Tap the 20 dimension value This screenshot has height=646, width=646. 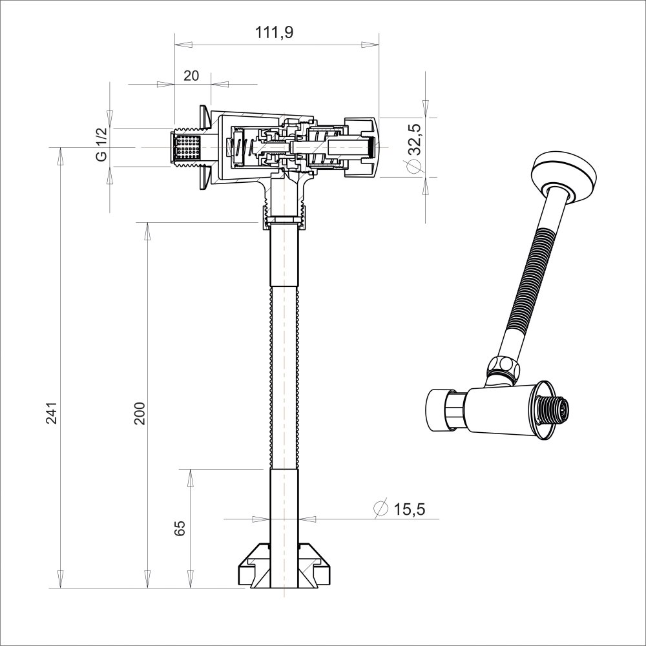pos(191,76)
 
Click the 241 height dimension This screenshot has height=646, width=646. pos(52,413)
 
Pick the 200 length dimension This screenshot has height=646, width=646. pos(140,413)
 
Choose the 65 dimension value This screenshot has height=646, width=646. pos(180,528)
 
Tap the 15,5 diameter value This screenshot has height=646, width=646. pos(409,510)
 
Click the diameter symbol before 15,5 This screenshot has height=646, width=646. pos(380,509)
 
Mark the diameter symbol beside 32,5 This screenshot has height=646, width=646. pos(415,167)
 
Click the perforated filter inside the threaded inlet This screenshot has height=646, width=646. pos(188,147)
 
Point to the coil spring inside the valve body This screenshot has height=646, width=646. pos(239,147)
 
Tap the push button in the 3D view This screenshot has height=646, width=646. pos(439,408)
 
